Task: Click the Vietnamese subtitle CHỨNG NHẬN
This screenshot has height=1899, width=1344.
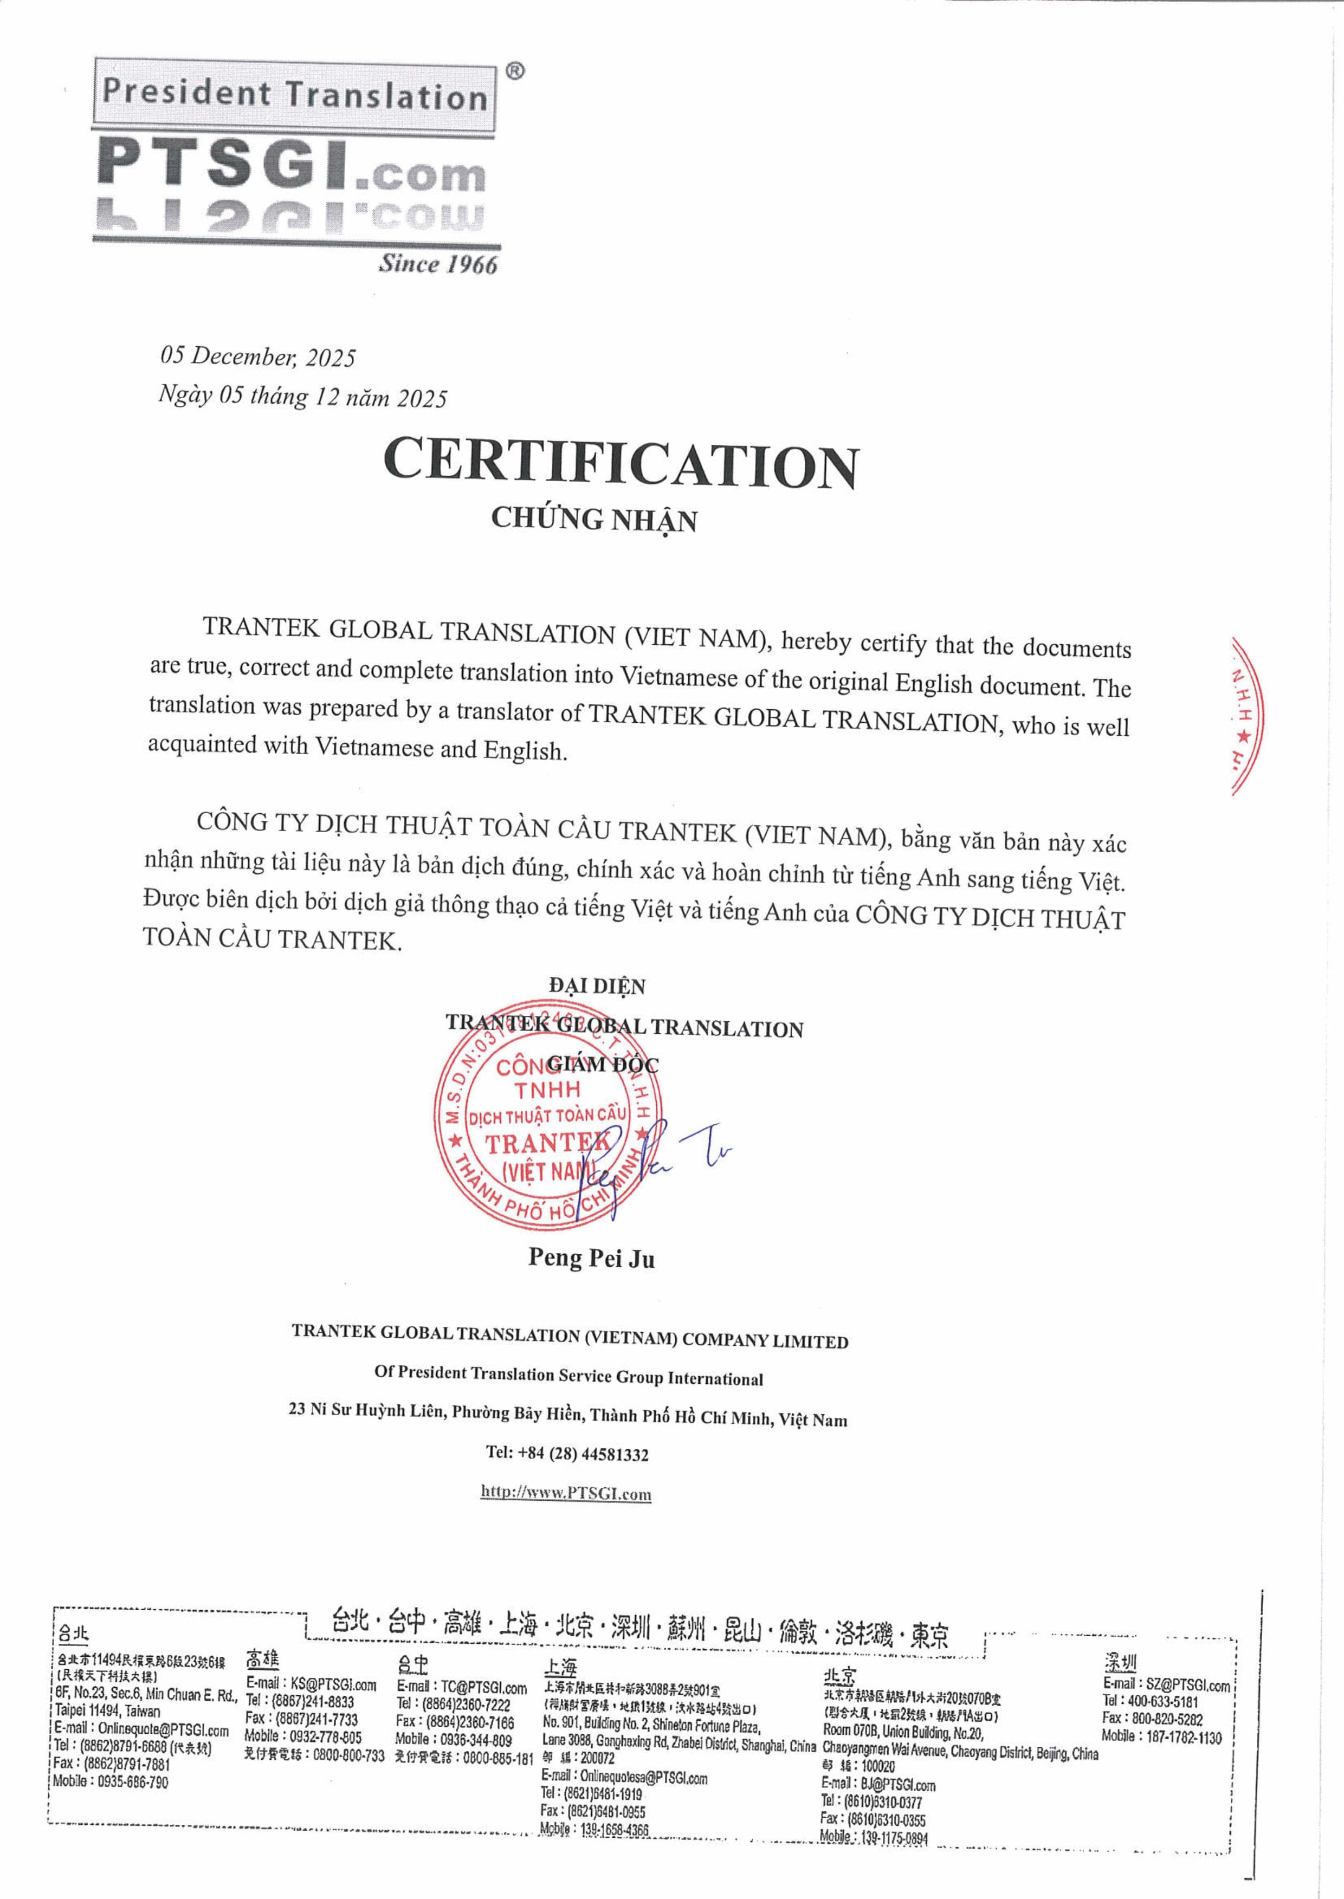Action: pos(593,519)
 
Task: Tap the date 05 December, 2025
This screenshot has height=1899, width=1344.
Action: pos(257,356)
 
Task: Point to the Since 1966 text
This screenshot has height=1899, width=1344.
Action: pos(438,264)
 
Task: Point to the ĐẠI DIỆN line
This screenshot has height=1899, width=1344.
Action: pos(596,986)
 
